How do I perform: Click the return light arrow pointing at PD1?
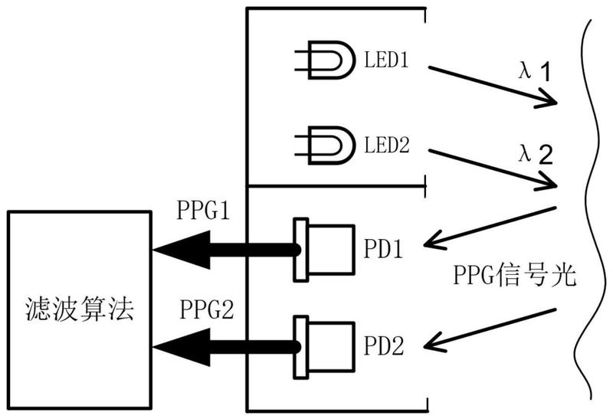pos(490,227)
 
